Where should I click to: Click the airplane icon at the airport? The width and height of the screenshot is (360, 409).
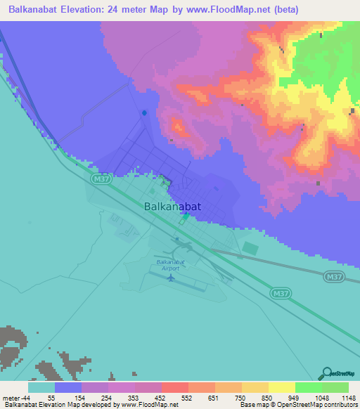pos(170,278)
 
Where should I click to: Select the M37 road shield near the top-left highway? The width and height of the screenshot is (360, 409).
pos(101,180)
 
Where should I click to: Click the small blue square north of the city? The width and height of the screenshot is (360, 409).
pos(144,112)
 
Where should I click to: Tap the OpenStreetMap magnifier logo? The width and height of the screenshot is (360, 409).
pos(326,373)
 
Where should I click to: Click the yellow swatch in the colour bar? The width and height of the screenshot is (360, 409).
pos(282,387)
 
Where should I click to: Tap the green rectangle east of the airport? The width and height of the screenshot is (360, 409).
pos(250,247)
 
